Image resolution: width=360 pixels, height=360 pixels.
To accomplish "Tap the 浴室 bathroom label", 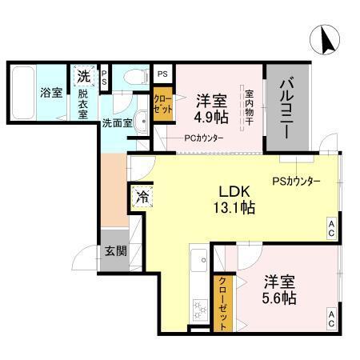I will (x=51, y=93).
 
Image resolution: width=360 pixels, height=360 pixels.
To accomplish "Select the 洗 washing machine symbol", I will (x=83, y=78).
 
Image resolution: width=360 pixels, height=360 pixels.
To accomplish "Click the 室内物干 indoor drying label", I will (x=250, y=108).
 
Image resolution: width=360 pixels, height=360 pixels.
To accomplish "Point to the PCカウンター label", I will (x=203, y=138).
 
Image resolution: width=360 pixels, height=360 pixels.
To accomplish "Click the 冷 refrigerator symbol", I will (x=142, y=194).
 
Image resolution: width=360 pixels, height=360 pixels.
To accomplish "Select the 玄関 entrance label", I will (x=114, y=250).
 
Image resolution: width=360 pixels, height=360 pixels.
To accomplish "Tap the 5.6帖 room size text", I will (x=278, y=298).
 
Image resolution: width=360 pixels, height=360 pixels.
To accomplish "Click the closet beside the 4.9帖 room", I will (x=162, y=106).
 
